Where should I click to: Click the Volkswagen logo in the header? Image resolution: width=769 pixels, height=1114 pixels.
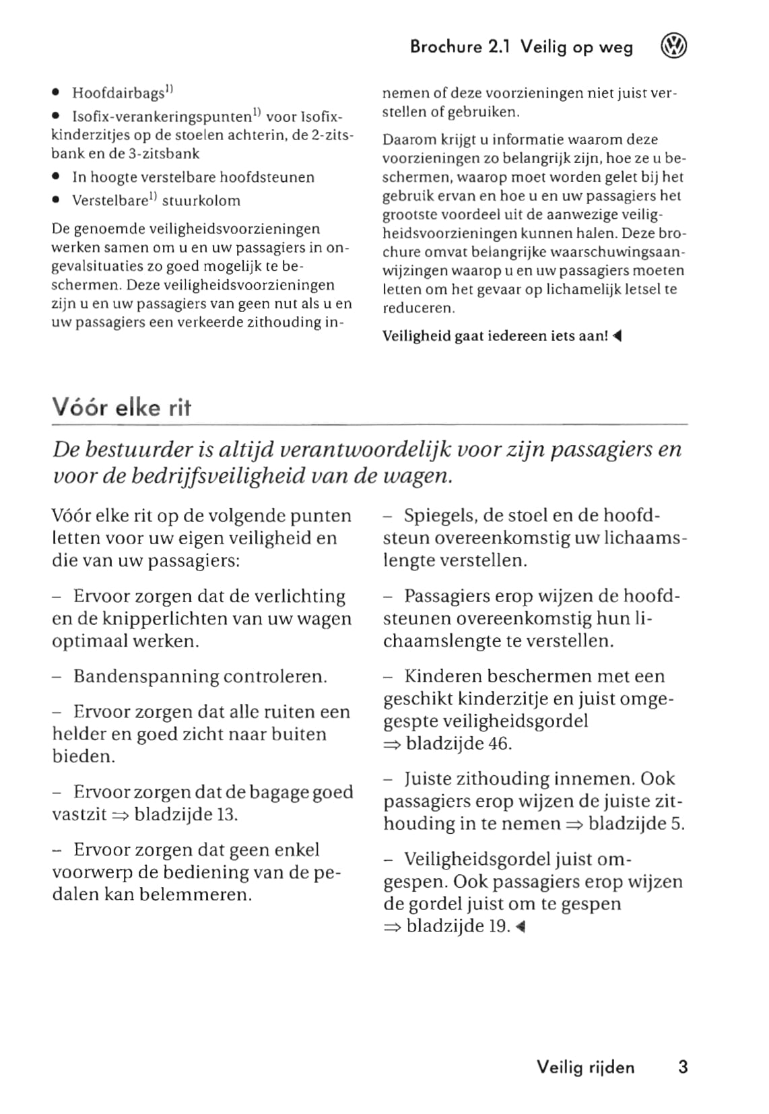(673, 47)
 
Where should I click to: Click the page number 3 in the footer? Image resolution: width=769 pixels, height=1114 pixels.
(683, 1067)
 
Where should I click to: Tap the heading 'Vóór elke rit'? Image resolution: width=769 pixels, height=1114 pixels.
(122, 408)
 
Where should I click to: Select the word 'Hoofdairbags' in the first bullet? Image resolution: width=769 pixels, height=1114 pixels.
(119, 93)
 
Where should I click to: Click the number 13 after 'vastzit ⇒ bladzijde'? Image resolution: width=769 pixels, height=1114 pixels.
(227, 814)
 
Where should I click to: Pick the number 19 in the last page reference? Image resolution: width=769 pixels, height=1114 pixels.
(498, 926)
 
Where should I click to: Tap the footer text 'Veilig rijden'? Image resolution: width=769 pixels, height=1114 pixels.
(585, 1067)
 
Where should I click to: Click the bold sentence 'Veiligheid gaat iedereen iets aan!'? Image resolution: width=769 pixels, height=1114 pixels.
(496, 336)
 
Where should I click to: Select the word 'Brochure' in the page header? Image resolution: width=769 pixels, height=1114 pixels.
(446, 47)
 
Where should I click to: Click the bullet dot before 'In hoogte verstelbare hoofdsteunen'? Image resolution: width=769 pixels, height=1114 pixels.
(56, 178)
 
